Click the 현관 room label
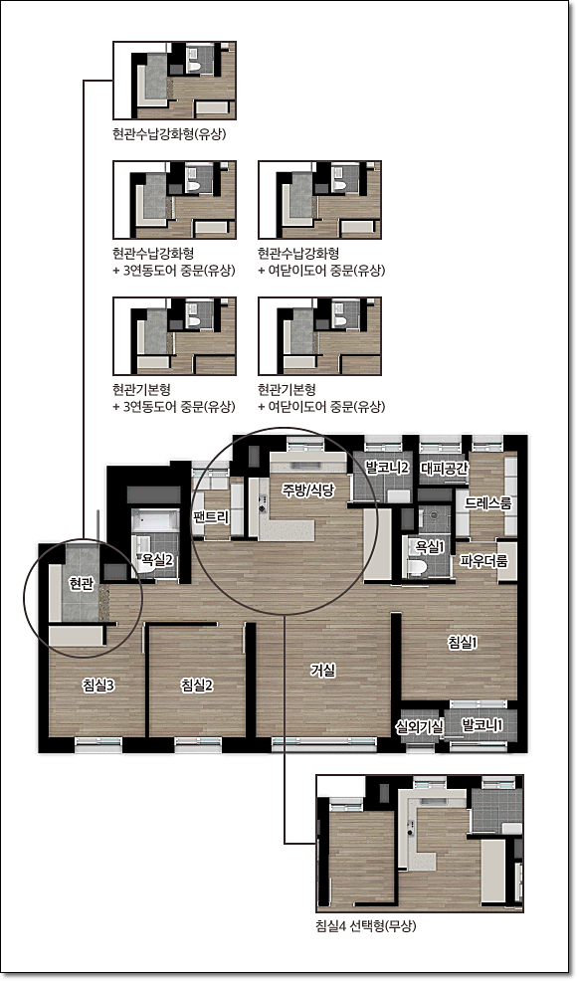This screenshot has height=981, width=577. coord(82,584)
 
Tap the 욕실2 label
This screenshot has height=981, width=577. coord(157,560)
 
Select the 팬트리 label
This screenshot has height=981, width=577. coord(212,516)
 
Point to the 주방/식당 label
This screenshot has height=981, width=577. coord(308,490)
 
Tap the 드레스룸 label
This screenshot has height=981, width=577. coord(488,503)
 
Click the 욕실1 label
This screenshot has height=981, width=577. coord(430,546)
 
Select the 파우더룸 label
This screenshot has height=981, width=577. coord(483,560)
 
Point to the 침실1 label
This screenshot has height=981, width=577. coord(464,642)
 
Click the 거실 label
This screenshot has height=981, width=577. coord(323,670)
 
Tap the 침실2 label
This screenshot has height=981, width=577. coord(197,686)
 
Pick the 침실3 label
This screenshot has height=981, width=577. coord(97,686)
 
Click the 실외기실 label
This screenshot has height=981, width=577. coord(419,726)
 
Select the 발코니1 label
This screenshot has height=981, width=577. coord(481,725)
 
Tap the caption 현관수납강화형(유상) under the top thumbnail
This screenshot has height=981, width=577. coord(169,134)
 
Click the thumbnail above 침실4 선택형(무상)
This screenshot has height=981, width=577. coord(420,843)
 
